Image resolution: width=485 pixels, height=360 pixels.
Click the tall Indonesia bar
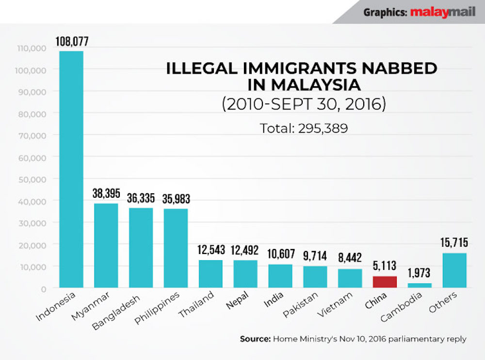71,170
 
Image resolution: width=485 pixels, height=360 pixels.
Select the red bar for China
385,282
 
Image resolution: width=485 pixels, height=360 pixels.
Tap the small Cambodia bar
420,285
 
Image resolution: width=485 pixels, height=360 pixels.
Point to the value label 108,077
71,41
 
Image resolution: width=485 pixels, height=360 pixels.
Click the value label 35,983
176,199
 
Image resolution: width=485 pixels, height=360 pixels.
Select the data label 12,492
245,250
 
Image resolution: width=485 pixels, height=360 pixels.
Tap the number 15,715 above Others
454,243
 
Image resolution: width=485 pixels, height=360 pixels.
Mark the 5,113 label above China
385,266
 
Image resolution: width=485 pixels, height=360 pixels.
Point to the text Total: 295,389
304,128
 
